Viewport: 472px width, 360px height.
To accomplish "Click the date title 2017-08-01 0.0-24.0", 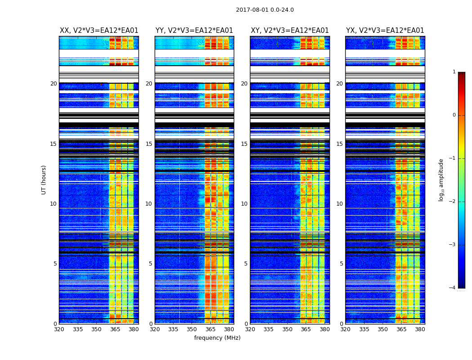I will pos(265,10).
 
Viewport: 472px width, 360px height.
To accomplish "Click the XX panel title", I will pos(99,31).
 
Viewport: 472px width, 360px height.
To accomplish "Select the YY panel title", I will pos(194,31).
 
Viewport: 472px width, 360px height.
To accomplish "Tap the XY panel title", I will pos(290,31).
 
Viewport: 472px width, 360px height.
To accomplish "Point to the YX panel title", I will pos(385,31).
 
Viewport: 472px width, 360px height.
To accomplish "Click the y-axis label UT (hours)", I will pos(44,180).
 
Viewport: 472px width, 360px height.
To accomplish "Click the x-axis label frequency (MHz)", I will pos(217,338).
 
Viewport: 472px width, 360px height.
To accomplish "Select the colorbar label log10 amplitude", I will pos(441,180).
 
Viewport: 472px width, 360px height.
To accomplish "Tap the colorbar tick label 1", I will pos(454,72).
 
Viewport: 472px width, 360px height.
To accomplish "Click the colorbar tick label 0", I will pos(454,115).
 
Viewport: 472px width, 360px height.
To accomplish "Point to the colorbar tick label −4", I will pos(453,288).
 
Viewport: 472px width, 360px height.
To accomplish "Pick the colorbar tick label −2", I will pos(453,202).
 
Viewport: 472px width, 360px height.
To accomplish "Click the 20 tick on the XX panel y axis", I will pos(53,84).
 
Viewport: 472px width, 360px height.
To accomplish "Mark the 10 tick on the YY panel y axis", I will pos(149,204).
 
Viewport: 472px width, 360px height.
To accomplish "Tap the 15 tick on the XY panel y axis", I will pos(244,144).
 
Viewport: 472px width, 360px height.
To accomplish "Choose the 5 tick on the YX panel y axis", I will pos(341,264).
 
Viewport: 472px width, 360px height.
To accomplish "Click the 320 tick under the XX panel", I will pos(59,329).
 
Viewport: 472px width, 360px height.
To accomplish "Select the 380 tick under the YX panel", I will pos(420,329).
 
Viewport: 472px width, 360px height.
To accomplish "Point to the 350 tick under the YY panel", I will pos(192,329).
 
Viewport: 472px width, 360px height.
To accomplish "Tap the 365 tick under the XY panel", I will pos(306,329).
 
